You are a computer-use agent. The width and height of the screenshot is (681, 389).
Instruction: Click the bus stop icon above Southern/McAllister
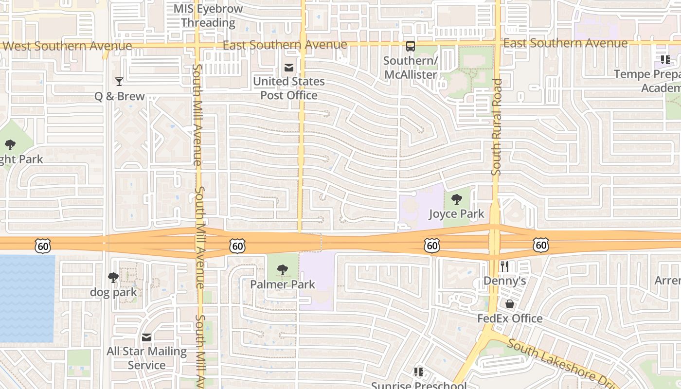click(x=411, y=46)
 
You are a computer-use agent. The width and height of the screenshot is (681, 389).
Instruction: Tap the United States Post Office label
click(x=289, y=88)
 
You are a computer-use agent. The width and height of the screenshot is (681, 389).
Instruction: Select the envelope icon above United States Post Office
click(x=289, y=67)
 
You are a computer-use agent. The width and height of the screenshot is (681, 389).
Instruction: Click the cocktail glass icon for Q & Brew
click(x=119, y=81)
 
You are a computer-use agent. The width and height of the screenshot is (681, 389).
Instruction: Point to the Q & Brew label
click(x=120, y=96)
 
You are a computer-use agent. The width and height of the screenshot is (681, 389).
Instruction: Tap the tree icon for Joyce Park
click(x=456, y=199)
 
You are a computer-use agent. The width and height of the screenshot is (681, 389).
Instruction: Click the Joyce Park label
click(x=456, y=213)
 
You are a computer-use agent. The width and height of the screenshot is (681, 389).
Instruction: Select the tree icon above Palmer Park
click(x=283, y=269)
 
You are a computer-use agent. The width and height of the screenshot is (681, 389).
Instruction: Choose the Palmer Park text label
click(x=283, y=284)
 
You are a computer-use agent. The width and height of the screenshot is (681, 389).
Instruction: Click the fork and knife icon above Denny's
click(x=504, y=266)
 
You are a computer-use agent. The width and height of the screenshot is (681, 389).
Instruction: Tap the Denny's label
click(x=505, y=281)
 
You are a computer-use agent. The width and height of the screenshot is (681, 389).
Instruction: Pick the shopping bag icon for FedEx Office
click(x=510, y=304)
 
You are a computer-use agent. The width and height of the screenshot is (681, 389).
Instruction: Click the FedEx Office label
click(x=510, y=318)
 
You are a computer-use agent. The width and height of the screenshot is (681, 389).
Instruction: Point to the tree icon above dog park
click(x=113, y=278)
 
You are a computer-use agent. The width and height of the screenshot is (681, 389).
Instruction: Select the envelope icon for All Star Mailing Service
click(x=146, y=337)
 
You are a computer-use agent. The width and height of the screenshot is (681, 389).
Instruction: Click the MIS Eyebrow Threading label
click(x=208, y=16)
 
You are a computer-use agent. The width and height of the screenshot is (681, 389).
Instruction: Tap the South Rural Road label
click(x=497, y=126)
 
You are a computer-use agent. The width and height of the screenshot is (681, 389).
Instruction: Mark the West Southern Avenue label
click(x=68, y=46)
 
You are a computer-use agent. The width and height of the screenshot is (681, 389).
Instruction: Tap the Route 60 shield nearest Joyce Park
click(x=432, y=246)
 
